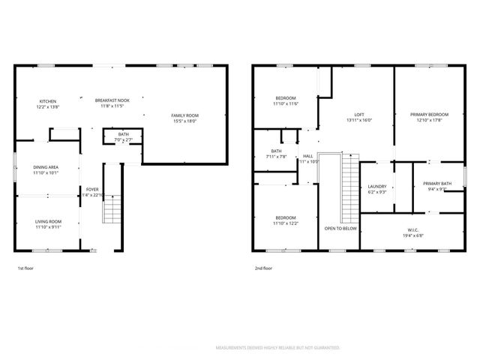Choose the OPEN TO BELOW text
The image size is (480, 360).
pos(340,228)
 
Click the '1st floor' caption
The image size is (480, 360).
pos(25,268)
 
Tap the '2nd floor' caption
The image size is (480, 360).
pos(263,268)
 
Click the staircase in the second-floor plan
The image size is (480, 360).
pos(349,187)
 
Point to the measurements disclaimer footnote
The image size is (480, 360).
pos(277,348)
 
